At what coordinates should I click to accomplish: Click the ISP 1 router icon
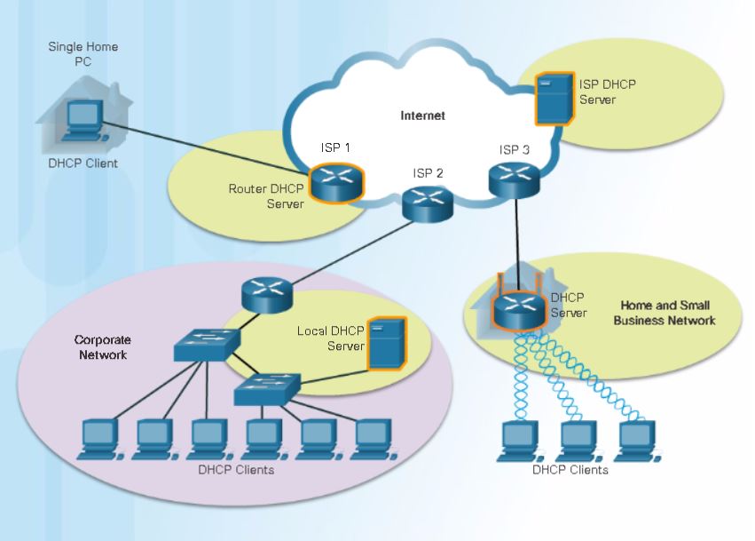point(337,181)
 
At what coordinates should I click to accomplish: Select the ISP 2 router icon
point(425,204)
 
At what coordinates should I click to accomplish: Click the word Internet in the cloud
point(422,115)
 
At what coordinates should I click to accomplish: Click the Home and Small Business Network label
point(664,313)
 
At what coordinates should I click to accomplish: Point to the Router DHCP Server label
point(266,196)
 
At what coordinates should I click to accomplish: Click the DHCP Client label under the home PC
point(83,163)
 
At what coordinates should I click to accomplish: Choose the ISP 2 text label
point(427,172)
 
